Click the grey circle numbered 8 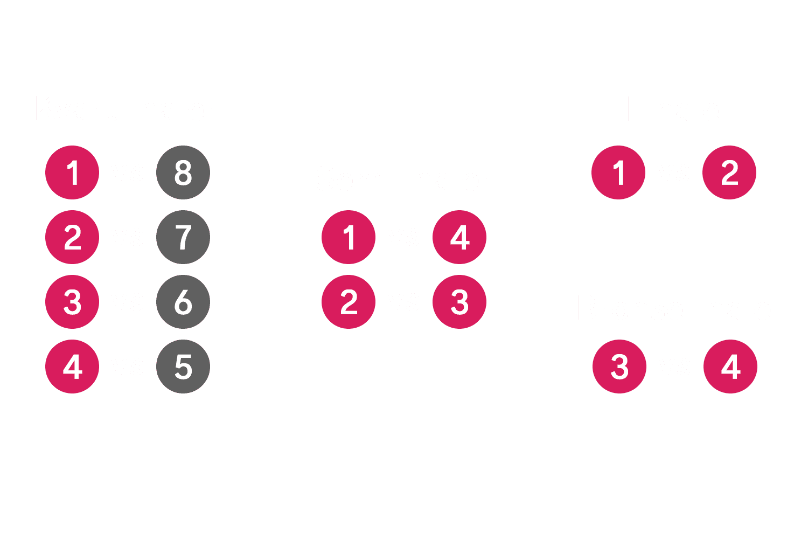[183, 172]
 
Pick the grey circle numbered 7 [183, 237]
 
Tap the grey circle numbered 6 [183, 302]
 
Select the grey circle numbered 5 [183, 367]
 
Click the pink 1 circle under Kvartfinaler [72, 172]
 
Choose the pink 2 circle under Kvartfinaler [72, 237]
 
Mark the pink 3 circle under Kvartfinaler [72, 302]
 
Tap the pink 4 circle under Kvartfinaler [72, 367]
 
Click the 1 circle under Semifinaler [349, 237]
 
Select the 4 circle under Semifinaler [459, 237]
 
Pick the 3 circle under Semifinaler [459, 302]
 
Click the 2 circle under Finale [729, 172]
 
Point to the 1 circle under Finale [618, 172]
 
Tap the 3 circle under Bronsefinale [619, 367]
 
